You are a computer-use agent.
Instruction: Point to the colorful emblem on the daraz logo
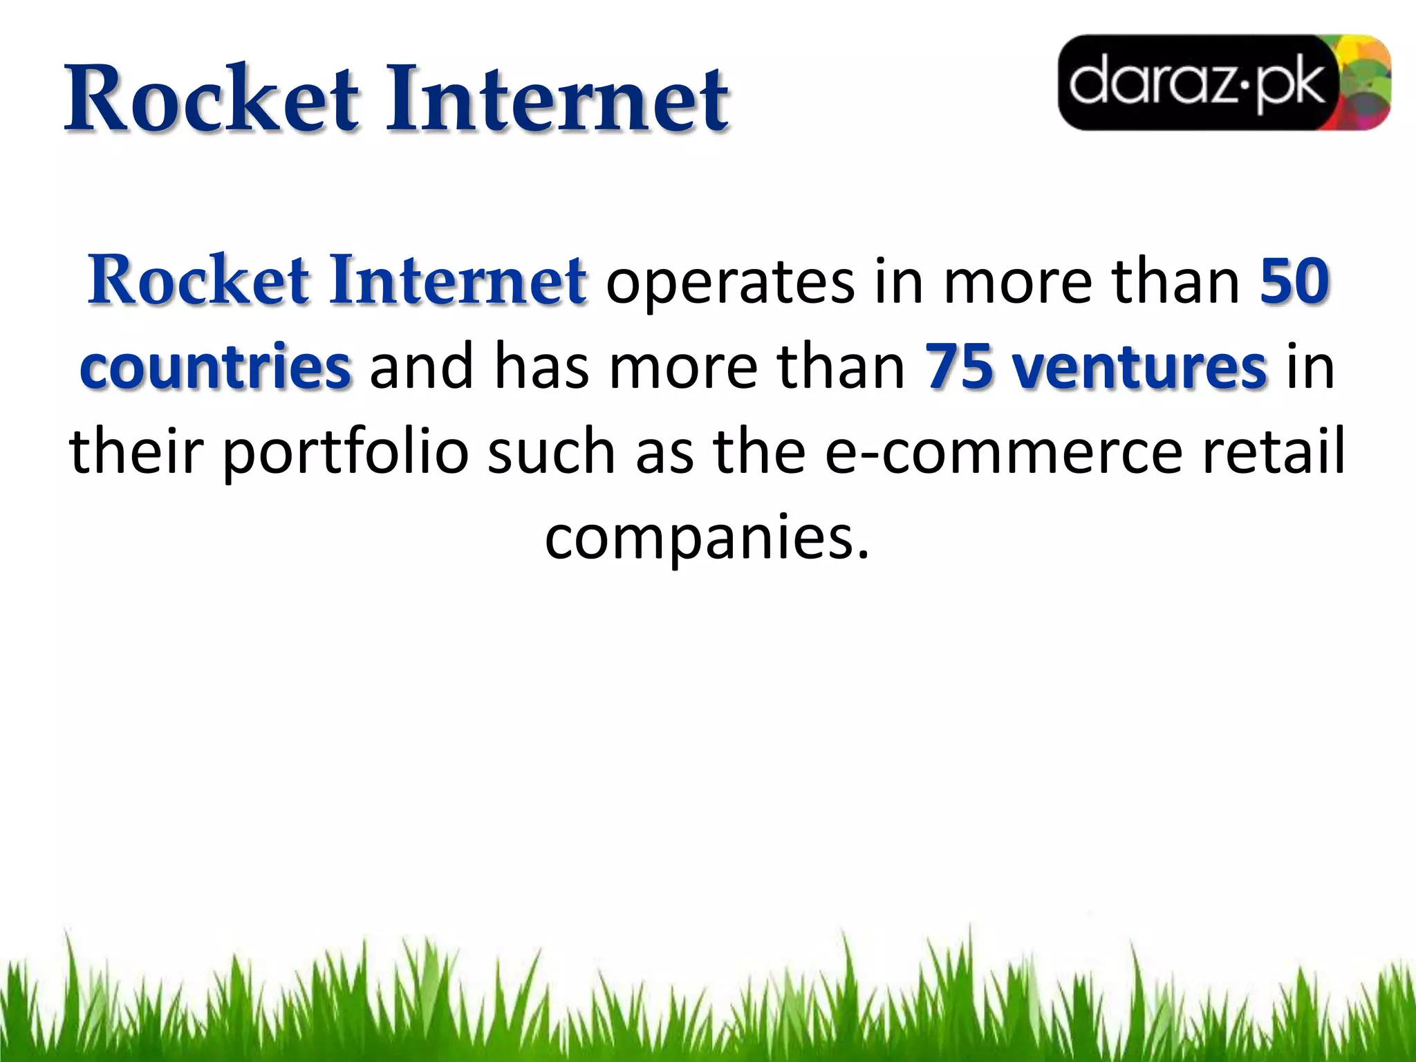tap(1365, 83)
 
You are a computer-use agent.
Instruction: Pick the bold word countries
tap(215, 366)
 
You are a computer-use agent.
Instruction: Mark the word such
tap(551, 451)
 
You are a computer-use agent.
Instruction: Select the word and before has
tap(421, 366)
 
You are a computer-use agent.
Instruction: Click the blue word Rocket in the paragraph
tap(198, 281)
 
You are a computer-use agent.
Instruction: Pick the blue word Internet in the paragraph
tap(458, 281)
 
